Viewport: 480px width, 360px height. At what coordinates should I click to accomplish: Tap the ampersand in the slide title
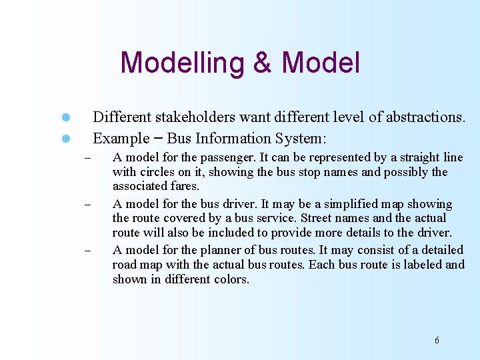[263, 63]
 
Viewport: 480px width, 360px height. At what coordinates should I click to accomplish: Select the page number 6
[437, 341]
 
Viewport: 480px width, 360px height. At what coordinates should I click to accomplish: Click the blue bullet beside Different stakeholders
[66, 118]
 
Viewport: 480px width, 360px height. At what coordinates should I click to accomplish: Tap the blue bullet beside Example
[66, 139]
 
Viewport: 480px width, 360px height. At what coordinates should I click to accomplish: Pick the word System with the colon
[304, 139]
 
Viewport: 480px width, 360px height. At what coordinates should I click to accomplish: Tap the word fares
[183, 186]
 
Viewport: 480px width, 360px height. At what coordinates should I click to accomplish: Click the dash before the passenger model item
[86, 159]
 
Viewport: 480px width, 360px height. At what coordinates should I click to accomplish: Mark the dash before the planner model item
[86, 251]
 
